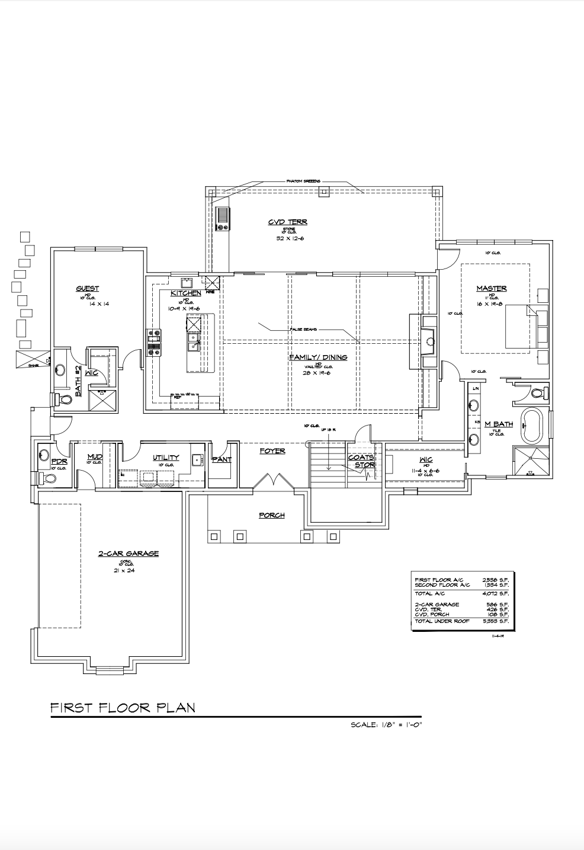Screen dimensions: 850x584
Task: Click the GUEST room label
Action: click(x=87, y=289)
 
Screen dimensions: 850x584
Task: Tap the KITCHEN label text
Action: click(x=185, y=293)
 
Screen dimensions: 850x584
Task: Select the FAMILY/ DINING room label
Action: click(x=317, y=357)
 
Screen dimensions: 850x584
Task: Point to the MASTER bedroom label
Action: click(x=492, y=289)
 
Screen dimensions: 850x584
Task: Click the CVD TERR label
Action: click(x=287, y=222)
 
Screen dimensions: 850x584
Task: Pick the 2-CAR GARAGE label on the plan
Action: click(x=129, y=554)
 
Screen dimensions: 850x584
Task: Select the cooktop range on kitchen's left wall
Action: click(x=153, y=342)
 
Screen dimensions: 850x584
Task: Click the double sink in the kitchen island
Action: click(x=193, y=343)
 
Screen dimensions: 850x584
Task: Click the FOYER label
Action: click(x=272, y=451)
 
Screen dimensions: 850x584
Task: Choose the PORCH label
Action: click(x=271, y=515)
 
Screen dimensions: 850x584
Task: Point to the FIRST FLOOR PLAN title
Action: click(x=123, y=708)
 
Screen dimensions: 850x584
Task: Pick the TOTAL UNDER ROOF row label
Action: click(x=441, y=621)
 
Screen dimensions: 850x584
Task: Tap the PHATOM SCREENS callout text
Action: click(x=303, y=181)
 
